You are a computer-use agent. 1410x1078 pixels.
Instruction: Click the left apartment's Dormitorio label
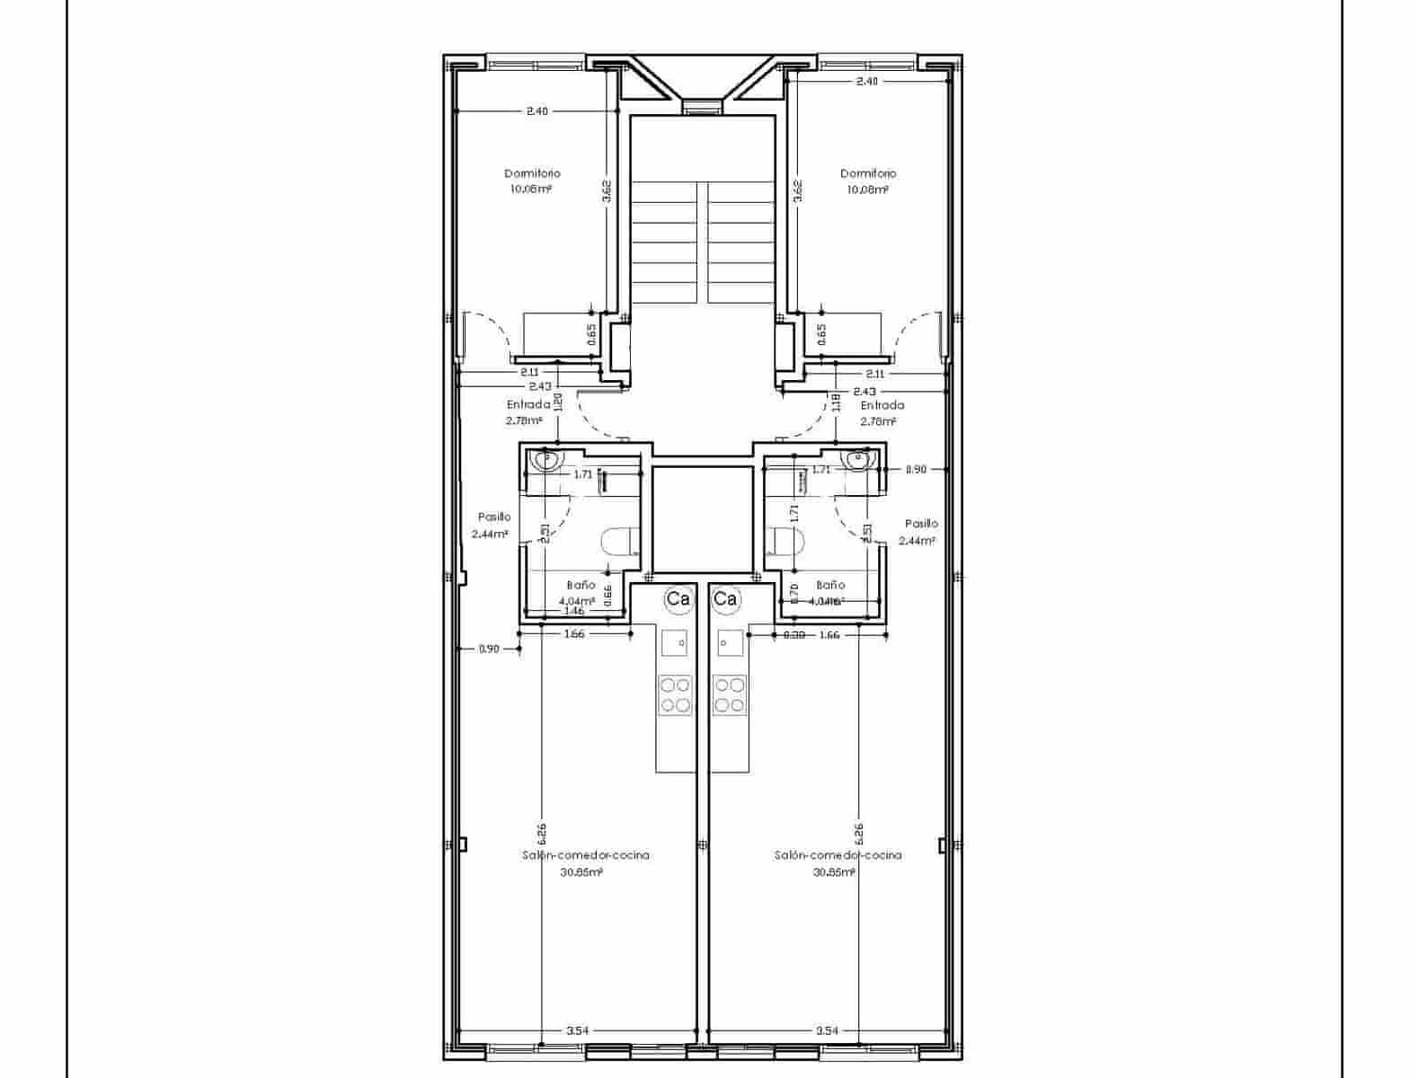pos(532,173)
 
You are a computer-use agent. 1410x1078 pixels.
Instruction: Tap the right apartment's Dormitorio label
pos(868,173)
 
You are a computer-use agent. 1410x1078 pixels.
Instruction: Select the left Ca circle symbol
pos(678,599)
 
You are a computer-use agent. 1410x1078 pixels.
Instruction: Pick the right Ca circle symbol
pos(725,599)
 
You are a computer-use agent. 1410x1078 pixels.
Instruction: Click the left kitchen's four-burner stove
pos(676,694)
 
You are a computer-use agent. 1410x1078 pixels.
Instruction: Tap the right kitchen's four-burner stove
pos(729,694)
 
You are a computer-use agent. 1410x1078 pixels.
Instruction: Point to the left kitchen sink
pos(675,643)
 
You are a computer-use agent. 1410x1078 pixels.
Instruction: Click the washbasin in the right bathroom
pos(857,460)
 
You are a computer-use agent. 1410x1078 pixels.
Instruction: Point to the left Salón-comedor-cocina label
pos(586,855)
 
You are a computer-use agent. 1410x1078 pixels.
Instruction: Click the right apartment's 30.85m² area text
pos(834,872)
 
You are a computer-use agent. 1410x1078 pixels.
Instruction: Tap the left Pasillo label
pos(494,517)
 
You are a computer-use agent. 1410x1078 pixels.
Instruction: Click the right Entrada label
pos(882,405)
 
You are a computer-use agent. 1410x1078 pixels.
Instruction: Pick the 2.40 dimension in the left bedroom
pos(537,111)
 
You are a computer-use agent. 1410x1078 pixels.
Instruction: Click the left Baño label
pos(581,585)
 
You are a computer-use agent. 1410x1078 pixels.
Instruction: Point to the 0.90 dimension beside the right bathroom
pos(915,469)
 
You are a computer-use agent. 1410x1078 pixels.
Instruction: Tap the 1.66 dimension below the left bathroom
pos(573,634)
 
